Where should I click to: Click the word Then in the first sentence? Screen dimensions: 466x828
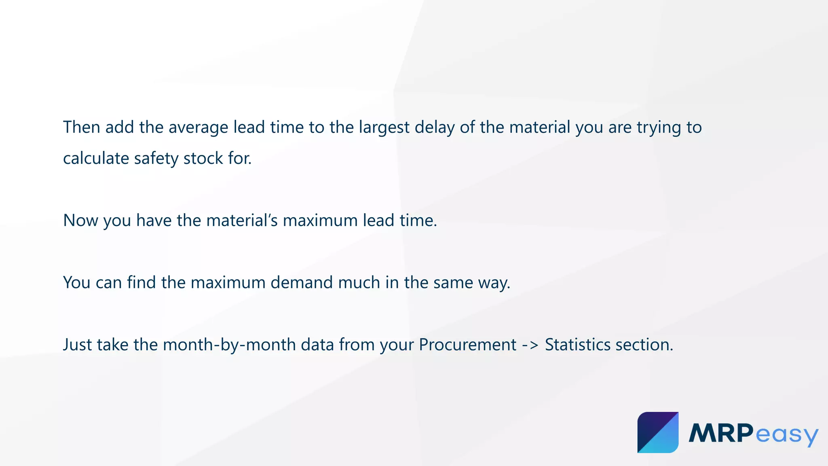click(x=82, y=127)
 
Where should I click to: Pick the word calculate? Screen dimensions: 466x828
click(x=96, y=159)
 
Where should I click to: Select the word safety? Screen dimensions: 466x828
click(x=156, y=159)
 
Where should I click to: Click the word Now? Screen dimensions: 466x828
click(x=80, y=221)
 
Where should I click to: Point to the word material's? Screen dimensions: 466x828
click(x=242, y=221)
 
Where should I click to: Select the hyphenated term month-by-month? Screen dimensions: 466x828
click(x=229, y=345)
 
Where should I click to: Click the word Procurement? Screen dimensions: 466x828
click(x=467, y=345)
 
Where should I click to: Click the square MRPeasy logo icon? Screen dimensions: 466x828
click(x=658, y=432)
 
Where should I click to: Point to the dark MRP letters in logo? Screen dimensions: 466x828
click(x=721, y=433)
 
